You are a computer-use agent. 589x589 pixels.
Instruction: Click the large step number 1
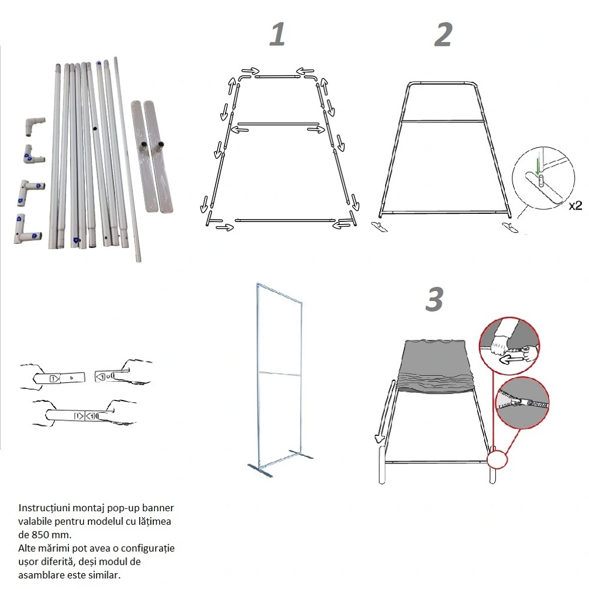pos(277,34)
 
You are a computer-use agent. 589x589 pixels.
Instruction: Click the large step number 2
pos(444,34)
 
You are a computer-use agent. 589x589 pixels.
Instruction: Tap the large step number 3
pos(435,299)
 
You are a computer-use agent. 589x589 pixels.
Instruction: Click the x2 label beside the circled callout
pos(575,206)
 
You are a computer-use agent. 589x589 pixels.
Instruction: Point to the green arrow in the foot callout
pos(538,167)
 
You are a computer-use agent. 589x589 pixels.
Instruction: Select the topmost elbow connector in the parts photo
pos(35,125)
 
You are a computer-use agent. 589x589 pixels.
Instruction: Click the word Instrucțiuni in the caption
pos(44,508)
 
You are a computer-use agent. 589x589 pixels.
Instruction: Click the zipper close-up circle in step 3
pos(522,403)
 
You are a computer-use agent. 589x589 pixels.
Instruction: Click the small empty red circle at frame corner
pos(497,459)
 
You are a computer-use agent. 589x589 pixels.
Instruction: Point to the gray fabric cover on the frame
pos(436,366)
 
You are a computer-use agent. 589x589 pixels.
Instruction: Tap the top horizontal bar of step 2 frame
pos(442,82)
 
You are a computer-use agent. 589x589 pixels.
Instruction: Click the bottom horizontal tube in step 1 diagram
pos(284,220)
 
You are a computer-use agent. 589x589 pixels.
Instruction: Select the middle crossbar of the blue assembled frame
pos(279,373)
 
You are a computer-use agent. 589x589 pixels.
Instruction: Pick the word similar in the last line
pos(106,575)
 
